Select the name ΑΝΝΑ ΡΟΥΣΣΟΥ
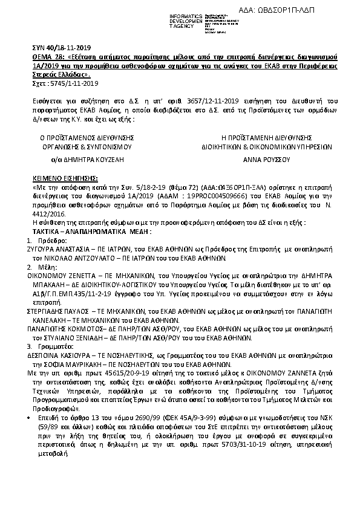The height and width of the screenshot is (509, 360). [267, 160]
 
